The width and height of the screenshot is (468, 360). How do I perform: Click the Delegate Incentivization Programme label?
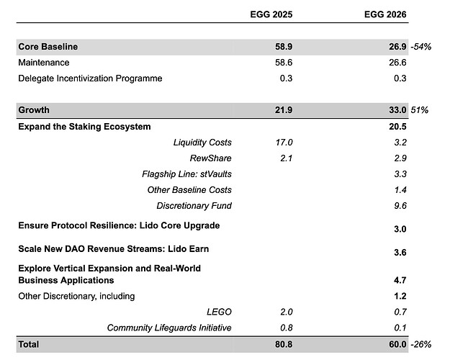click(x=90, y=78)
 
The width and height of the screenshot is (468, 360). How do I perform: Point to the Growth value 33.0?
click(x=395, y=111)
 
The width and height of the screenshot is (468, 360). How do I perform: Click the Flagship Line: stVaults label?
click(x=187, y=174)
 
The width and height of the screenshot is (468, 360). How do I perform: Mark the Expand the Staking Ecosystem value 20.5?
click(x=395, y=127)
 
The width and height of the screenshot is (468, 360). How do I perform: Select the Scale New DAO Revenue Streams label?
click(x=109, y=249)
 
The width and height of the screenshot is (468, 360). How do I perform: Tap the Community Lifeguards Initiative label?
click(x=169, y=328)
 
